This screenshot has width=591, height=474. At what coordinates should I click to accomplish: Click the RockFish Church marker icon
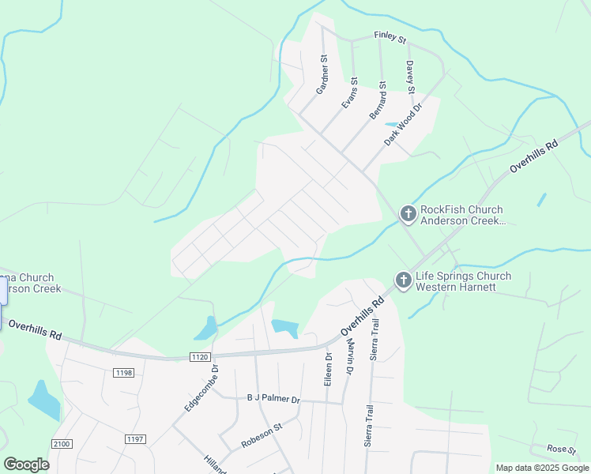click(x=408, y=213)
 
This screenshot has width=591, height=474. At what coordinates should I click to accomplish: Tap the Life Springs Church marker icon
click(x=403, y=280)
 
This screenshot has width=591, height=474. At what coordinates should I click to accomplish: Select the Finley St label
click(x=390, y=36)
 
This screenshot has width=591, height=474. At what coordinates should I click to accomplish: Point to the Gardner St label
click(x=322, y=75)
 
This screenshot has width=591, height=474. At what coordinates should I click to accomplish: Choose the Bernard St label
click(x=378, y=100)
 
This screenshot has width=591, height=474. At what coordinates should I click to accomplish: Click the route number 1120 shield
click(x=199, y=357)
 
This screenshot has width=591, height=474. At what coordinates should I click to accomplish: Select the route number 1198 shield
click(x=123, y=372)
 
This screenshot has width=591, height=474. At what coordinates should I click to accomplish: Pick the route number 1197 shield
click(x=135, y=438)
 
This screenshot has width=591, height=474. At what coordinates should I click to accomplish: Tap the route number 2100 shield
click(x=62, y=444)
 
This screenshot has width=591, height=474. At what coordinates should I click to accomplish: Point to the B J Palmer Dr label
click(x=273, y=399)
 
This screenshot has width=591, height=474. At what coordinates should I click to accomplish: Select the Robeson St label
click(x=262, y=436)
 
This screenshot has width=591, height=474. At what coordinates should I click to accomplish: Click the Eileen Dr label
click(x=328, y=369)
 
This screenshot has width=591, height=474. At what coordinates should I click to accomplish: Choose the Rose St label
click(x=562, y=450)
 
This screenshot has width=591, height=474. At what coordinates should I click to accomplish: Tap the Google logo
click(x=26, y=465)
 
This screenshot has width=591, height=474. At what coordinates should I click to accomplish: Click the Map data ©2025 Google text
click(x=542, y=468)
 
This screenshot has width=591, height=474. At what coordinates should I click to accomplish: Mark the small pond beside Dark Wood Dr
click(x=392, y=125)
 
